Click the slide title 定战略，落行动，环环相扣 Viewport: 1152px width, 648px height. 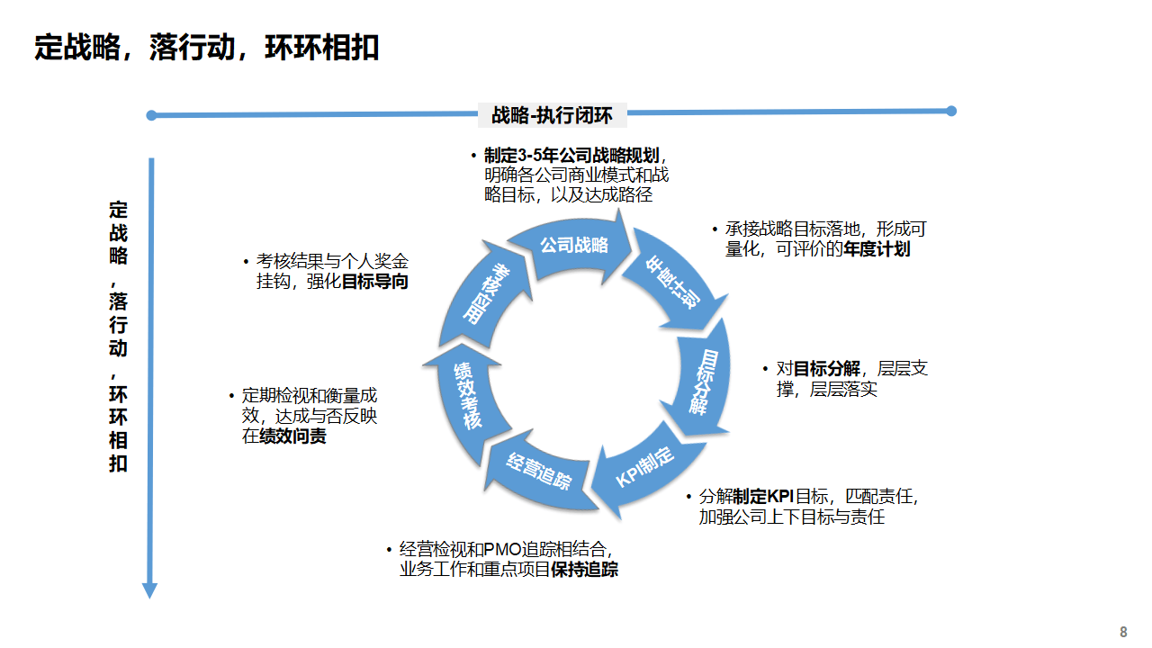pyautogui.click(x=207, y=47)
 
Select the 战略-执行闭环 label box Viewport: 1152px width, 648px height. pyautogui.click(x=552, y=115)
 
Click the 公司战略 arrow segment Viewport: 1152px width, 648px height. pyautogui.click(x=574, y=246)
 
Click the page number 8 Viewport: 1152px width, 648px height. pyautogui.click(x=1122, y=632)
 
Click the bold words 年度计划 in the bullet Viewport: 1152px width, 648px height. pyautogui.click(x=877, y=249)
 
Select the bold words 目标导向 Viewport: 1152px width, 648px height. pyautogui.click(x=374, y=281)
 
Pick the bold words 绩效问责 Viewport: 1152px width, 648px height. pyautogui.click(x=293, y=436)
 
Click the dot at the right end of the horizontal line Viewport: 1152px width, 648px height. pyautogui.click(x=951, y=112)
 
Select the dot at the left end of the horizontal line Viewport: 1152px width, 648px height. pyautogui.click(x=151, y=115)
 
